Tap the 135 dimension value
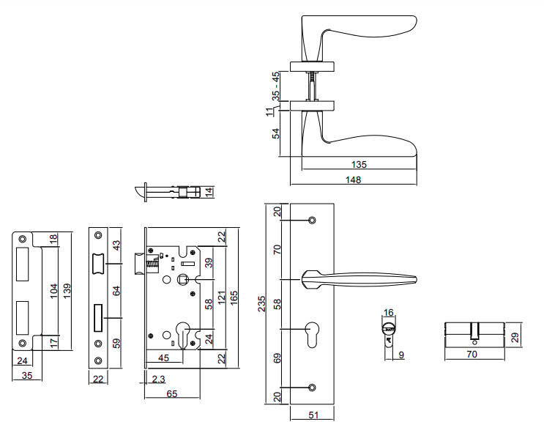(359, 164)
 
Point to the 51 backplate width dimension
(313, 415)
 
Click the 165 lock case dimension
(235, 300)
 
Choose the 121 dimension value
(221, 300)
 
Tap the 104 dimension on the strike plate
(53, 291)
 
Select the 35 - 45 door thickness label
(276, 85)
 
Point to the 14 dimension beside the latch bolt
(209, 192)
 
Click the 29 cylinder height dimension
(515, 337)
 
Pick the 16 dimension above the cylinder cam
(389, 313)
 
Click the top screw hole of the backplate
(313, 220)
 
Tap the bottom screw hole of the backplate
(313, 387)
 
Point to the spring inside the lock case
(153, 262)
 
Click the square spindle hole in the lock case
(182, 279)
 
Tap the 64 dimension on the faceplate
(116, 291)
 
